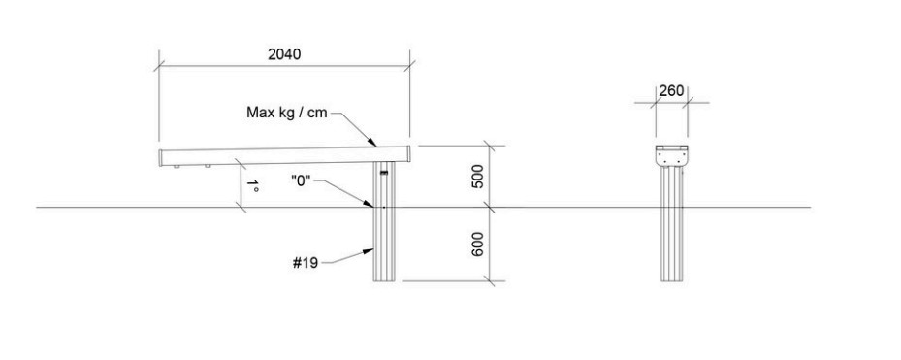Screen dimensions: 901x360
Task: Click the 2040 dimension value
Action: tap(284, 54)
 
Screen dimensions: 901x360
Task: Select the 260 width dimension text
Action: tap(671, 91)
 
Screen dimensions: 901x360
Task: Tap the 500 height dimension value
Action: tap(477, 176)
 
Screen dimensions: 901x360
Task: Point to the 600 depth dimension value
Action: tap(477, 244)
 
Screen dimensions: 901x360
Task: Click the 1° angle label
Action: tap(252, 185)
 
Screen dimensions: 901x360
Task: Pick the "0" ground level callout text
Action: tap(301, 181)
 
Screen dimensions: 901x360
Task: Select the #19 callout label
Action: tap(306, 263)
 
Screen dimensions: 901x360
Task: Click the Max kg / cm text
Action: tap(287, 113)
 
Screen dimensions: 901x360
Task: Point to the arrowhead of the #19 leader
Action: tap(370, 250)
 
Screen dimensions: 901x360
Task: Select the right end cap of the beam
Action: tap(408, 153)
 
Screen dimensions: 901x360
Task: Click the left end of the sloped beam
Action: tap(161, 158)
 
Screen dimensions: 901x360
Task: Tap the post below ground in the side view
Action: tap(384, 244)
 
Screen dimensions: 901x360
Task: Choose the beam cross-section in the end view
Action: tap(672, 154)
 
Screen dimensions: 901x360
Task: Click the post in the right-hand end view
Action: tap(672, 222)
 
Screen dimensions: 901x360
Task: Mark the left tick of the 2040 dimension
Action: tap(159, 66)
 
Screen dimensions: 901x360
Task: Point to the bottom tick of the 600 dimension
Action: tap(489, 281)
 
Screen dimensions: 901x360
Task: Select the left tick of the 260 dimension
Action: tap(656, 103)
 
